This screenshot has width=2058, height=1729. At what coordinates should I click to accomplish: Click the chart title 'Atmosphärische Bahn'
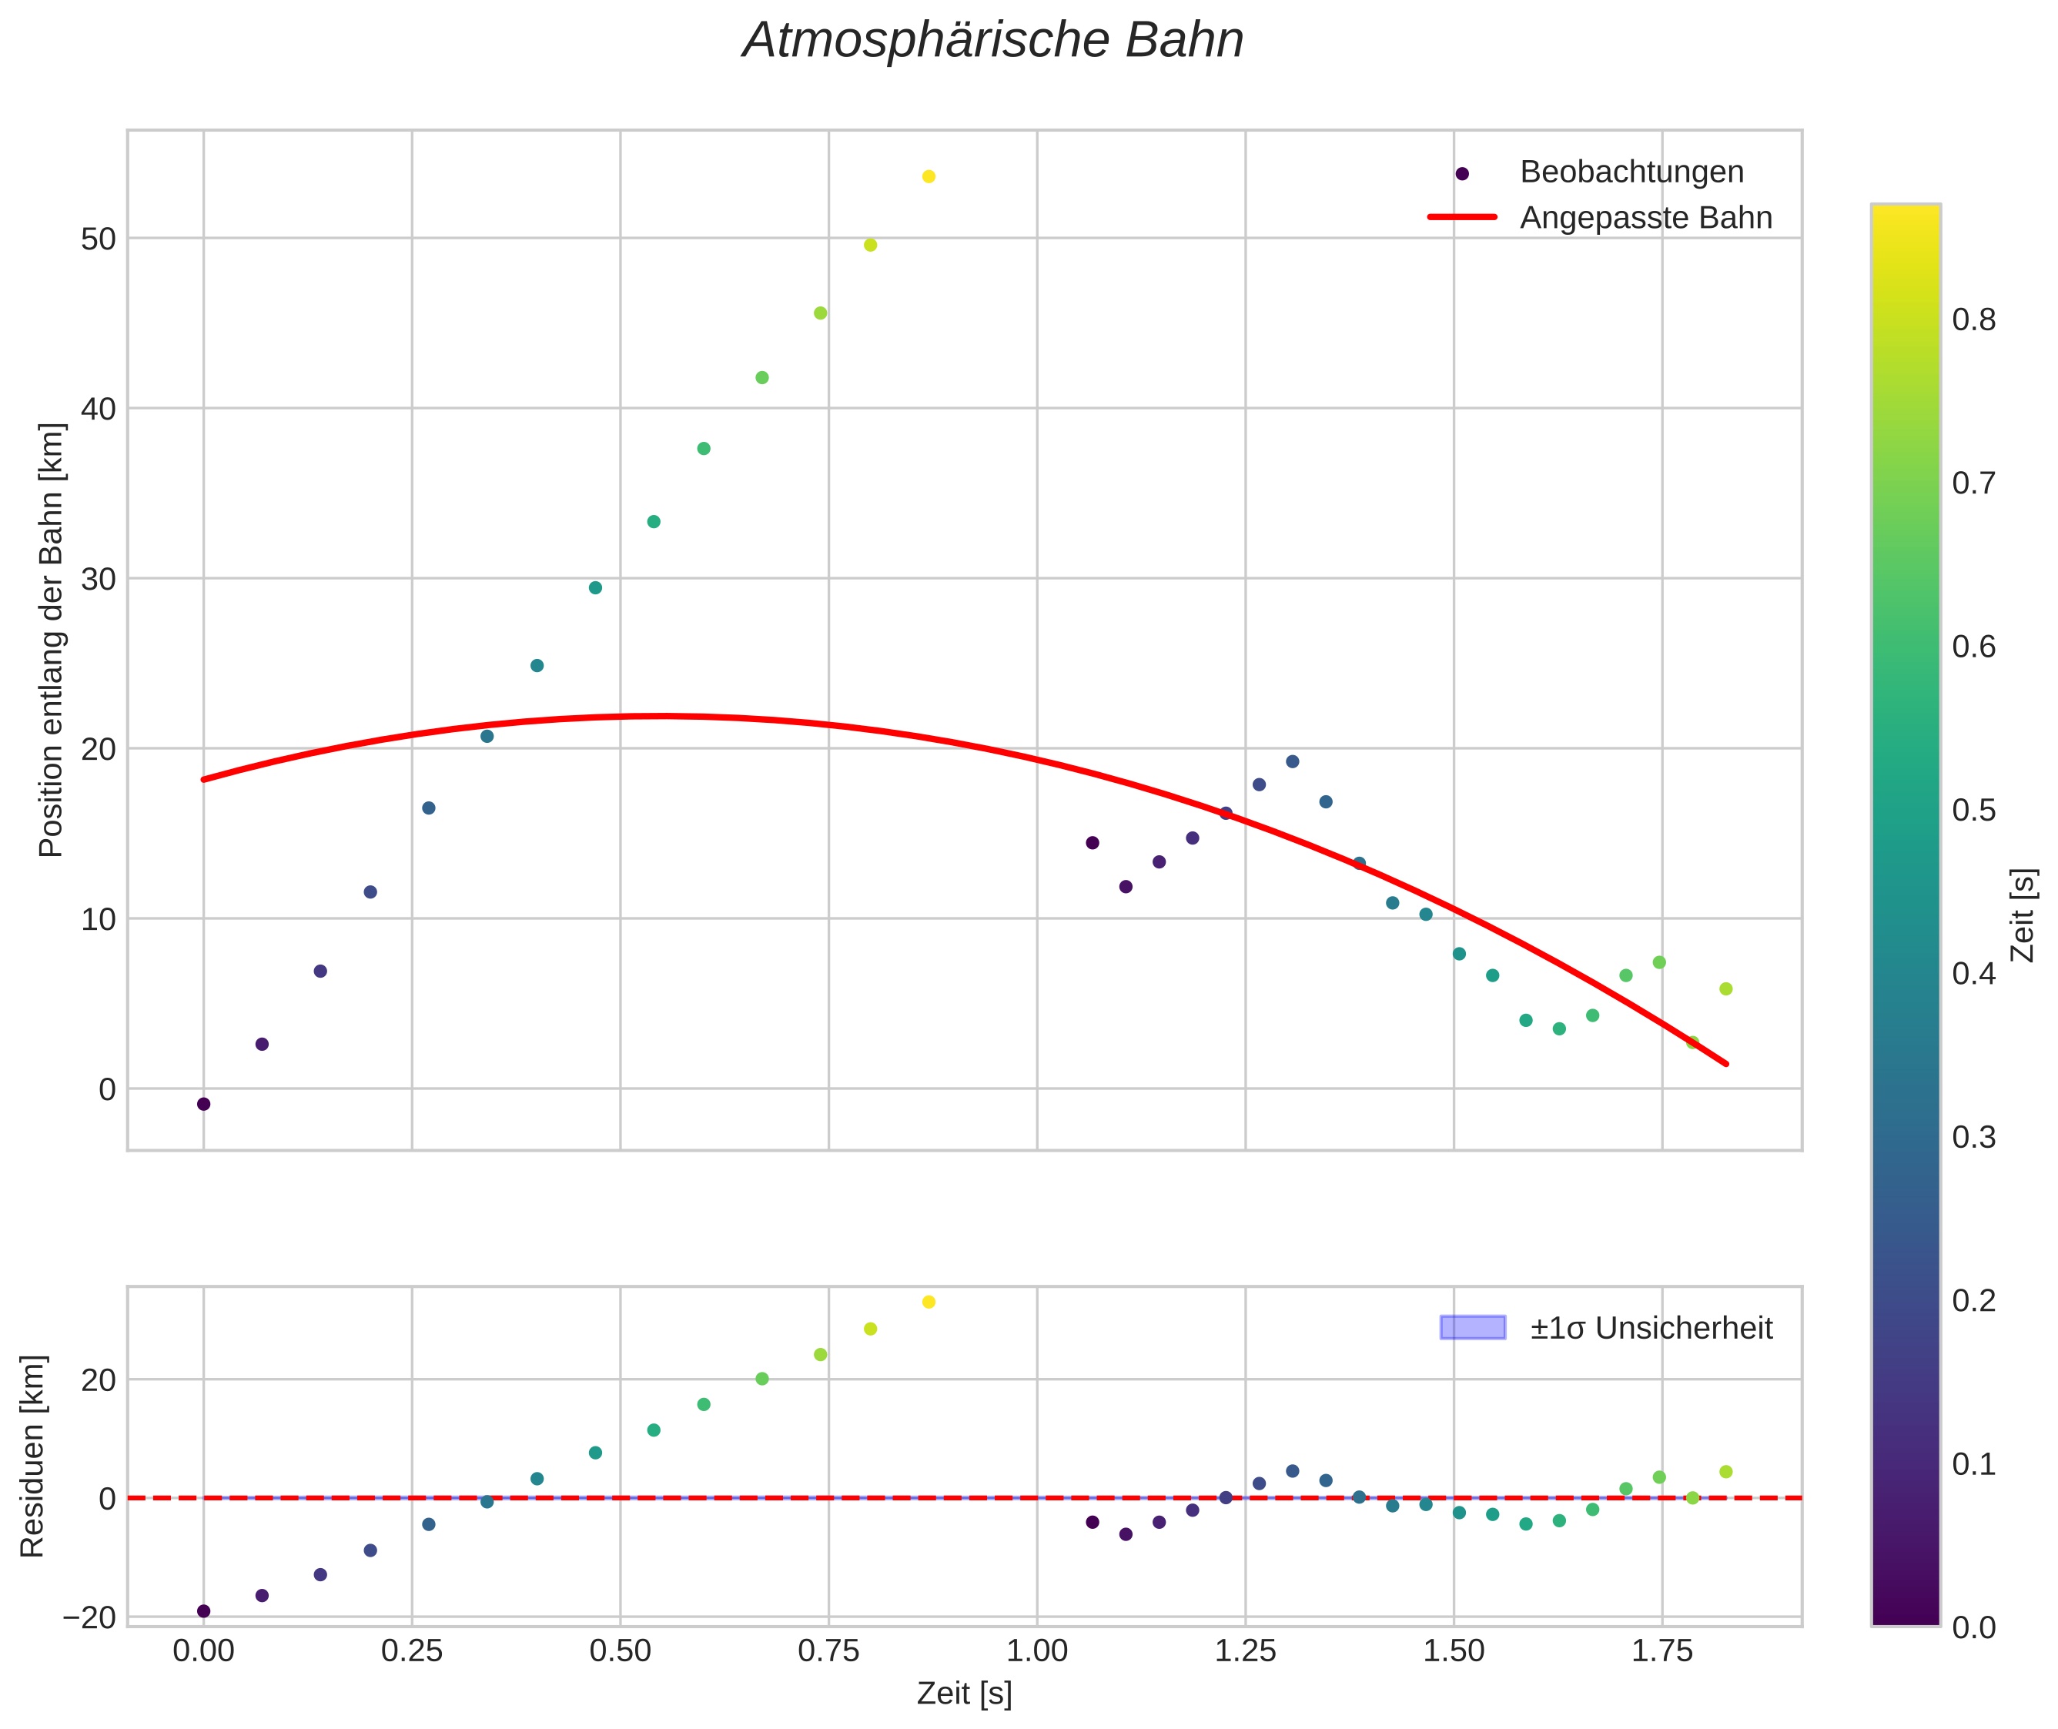click(992, 41)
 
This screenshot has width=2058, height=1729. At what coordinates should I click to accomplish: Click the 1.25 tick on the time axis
click(1245, 1651)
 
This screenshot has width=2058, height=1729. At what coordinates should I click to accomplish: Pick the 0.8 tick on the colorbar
click(1973, 320)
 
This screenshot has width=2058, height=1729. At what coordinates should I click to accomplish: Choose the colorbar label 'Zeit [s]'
click(2023, 915)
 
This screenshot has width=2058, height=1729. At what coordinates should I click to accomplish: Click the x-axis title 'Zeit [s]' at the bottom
click(964, 1694)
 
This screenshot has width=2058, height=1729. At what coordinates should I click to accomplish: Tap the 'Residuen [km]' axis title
click(33, 1456)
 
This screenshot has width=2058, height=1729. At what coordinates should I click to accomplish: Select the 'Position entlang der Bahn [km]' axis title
click(51, 640)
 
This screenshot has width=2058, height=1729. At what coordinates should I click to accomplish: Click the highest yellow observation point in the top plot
click(929, 176)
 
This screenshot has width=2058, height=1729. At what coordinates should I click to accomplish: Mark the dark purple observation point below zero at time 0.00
click(204, 1104)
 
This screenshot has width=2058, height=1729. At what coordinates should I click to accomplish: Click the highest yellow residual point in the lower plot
click(929, 1302)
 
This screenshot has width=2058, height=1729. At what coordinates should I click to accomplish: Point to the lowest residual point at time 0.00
click(204, 1610)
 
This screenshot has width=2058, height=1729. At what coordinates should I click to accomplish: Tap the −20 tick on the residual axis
click(89, 1617)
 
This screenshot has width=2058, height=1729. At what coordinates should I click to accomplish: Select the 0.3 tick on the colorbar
click(1973, 1137)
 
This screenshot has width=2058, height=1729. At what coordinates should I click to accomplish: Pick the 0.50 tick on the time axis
click(620, 1651)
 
